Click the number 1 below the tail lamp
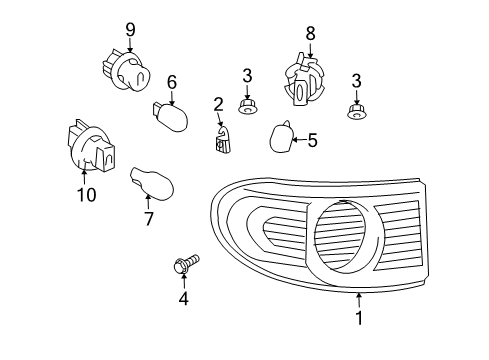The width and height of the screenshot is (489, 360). pyautogui.click(x=359, y=319)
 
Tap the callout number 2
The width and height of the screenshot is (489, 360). pyautogui.click(x=217, y=104)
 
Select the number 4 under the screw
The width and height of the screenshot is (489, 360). pyautogui.click(x=184, y=298)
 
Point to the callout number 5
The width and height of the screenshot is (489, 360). pyautogui.click(x=312, y=141)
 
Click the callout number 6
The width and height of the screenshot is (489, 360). pyautogui.click(x=171, y=82)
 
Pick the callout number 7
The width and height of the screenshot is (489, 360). pyautogui.click(x=148, y=217)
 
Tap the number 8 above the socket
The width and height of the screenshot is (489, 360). pyautogui.click(x=310, y=34)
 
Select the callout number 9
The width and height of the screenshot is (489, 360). pyautogui.click(x=129, y=29)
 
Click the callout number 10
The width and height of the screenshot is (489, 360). pyautogui.click(x=87, y=194)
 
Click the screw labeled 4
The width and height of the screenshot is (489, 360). pyautogui.click(x=182, y=266)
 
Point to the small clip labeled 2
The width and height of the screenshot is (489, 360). pyautogui.click(x=224, y=142)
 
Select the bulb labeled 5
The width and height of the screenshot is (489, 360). pyautogui.click(x=281, y=136)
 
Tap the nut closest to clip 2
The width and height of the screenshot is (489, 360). pyautogui.click(x=246, y=103)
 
